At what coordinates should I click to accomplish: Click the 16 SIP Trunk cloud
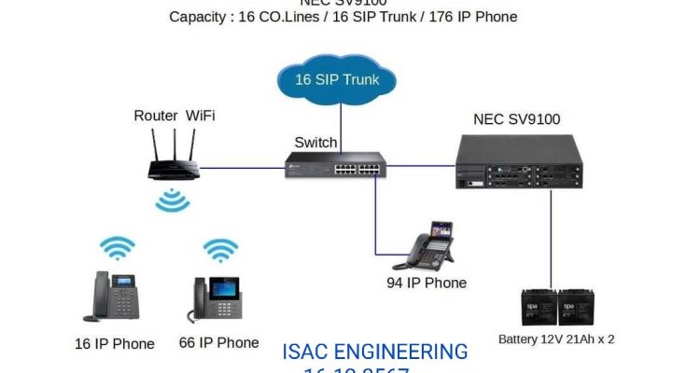[337, 80]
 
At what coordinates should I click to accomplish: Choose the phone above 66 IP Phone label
[217, 298]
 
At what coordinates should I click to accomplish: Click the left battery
[539, 307]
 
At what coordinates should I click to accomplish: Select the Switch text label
[315, 142]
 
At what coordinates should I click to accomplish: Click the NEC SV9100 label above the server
[516, 119]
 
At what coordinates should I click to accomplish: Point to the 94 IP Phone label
[427, 283]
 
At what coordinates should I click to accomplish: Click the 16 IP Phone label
[115, 343]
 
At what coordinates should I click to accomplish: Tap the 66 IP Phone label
[218, 342]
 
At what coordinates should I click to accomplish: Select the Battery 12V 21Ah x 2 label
[557, 338]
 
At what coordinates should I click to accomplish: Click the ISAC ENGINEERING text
[374, 352]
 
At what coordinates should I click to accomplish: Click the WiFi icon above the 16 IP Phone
[118, 248]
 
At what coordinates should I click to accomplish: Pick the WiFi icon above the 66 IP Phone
[220, 249]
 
